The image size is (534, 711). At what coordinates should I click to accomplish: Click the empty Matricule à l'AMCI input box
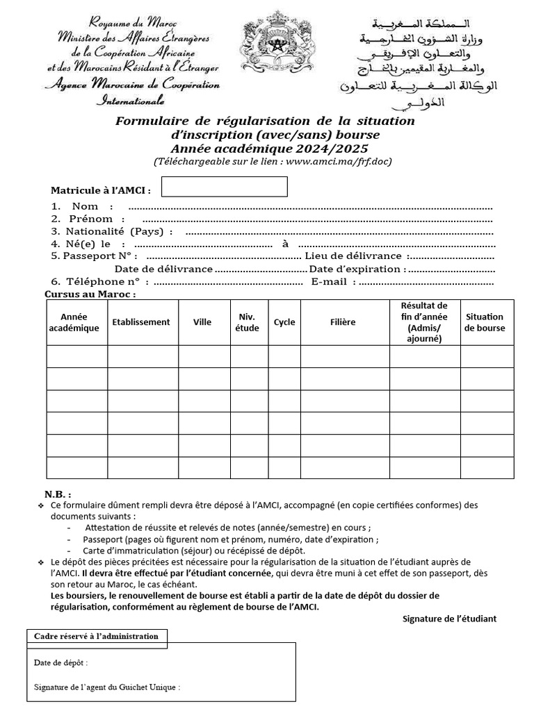pos(224,187)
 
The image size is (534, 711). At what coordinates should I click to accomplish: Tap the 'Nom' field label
pos(85,206)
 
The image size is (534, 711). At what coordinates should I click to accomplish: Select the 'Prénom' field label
pos(90,219)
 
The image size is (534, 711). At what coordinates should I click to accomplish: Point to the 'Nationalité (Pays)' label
pos(119,231)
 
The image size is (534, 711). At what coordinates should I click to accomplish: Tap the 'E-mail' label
pos(334,281)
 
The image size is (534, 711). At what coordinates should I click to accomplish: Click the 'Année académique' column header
pos(74,322)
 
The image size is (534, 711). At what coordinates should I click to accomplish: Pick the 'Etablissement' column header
pos(141,322)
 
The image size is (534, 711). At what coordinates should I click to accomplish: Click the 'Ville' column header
pos(202,322)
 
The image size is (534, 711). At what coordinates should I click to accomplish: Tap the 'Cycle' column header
pos(284,322)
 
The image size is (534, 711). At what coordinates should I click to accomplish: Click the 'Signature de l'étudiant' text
pos(449,619)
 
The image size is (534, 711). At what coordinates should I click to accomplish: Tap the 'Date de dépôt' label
pos(61,662)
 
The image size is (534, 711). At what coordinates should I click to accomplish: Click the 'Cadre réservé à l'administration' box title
pos(97,636)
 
